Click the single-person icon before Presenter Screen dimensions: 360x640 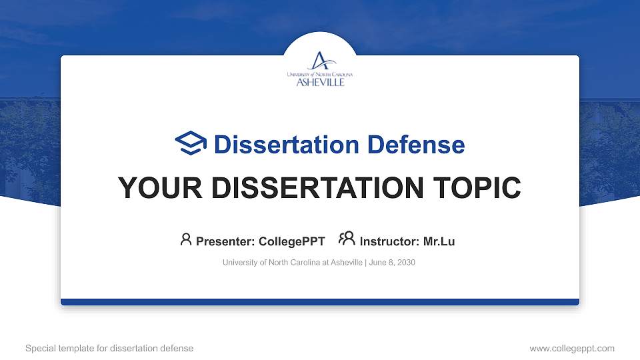[x=186, y=239]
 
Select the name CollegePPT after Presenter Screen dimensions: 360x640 [x=292, y=241]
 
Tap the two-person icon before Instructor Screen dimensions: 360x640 [x=347, y=239]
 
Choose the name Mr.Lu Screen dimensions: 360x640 [x=439, y=241]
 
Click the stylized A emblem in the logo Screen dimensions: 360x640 [x=321, y=61]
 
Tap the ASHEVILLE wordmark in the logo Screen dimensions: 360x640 [x=321, y=82]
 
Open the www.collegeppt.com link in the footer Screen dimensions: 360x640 [x=572, y=348]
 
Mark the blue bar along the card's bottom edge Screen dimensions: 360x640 [x=320, y=302]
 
